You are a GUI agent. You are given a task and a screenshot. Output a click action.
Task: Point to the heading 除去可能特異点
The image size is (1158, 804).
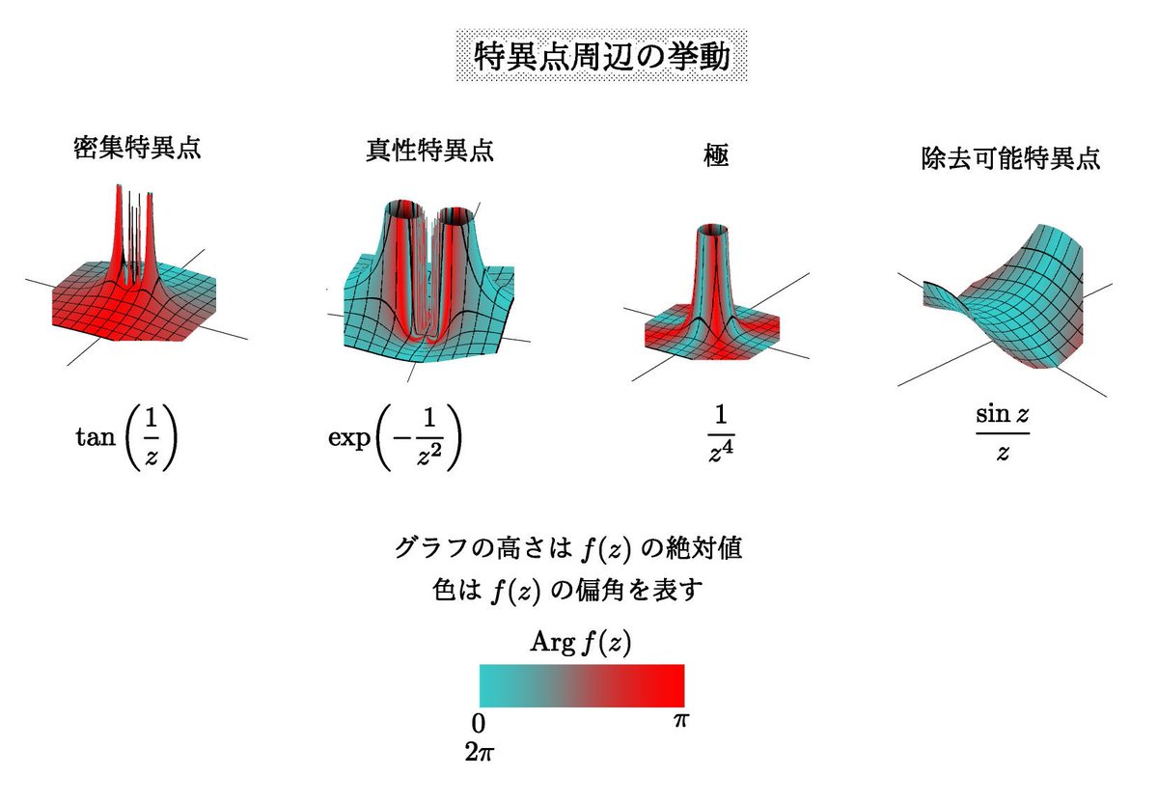(x=1010, y=159)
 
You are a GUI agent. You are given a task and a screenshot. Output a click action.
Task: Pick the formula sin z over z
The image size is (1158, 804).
(x=1004, y=434)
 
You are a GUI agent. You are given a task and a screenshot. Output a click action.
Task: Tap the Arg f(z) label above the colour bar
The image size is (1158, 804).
(x=581, y=643)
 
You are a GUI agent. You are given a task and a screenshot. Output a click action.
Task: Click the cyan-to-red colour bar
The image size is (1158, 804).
(x=582, y=685)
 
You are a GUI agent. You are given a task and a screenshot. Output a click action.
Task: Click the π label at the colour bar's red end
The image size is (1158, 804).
(x=683, y=720)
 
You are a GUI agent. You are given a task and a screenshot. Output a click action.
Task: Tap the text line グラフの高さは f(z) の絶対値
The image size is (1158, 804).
(x=567, y=548)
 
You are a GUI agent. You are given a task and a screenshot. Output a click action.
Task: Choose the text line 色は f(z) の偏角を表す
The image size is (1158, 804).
(x=567, y=589)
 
